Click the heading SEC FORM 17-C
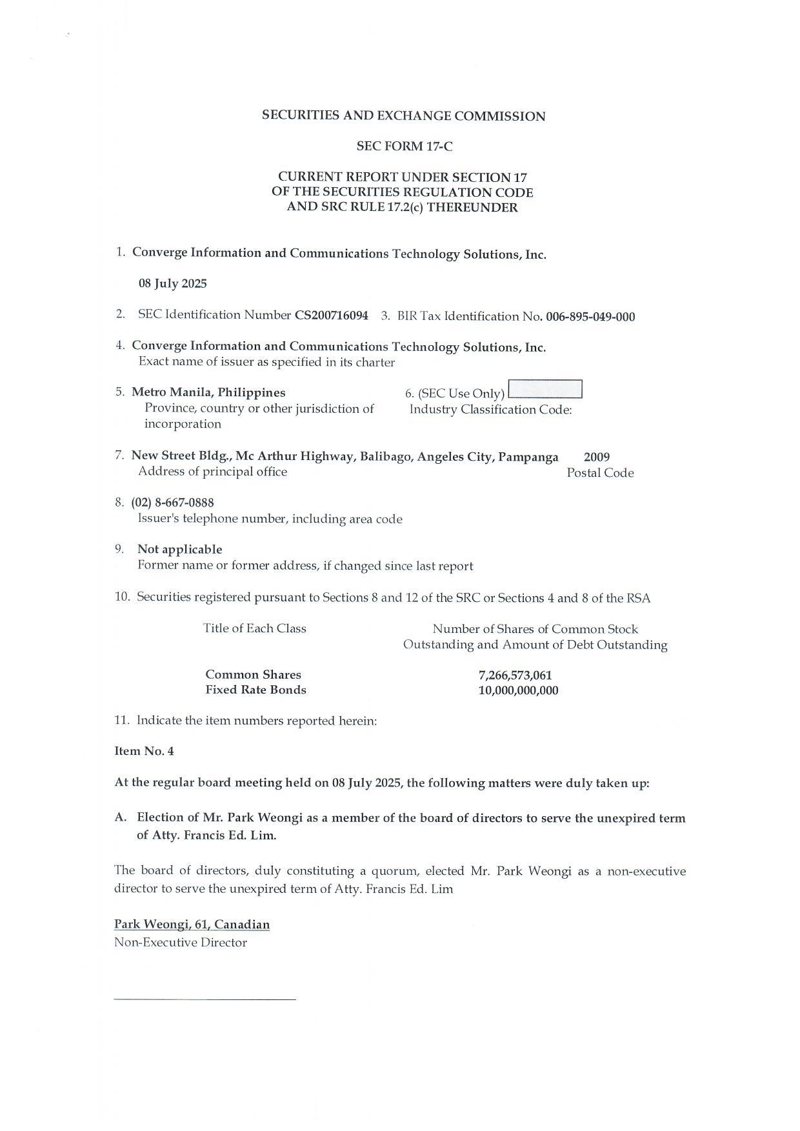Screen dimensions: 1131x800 click(x=405, y=146)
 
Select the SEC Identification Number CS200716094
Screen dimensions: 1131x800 click(x=332, y=315)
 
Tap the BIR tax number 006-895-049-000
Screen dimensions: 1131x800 click(x=590, y=317)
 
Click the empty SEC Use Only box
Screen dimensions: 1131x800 click(x=545, y=390)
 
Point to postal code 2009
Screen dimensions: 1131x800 click(x=597, y=457)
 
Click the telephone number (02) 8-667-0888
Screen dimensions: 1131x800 click(x=173, y=503)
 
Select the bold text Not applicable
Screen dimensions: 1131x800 click(x=179, y=550)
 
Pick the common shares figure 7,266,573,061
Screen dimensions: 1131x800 click(x=515, y=676)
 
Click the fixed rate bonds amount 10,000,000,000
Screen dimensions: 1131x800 click(x=518, y=691)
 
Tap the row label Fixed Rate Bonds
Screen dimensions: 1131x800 click(x=255, y=690)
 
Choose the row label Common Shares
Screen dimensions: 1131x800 click(x=253, y=675)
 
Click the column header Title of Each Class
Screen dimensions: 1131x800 click(x=254, y=628)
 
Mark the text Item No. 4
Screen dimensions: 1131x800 click(x=144, y=752)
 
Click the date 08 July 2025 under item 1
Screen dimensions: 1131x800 click(x=173, y=284)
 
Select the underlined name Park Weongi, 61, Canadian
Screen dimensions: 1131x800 click(x=192, y=925)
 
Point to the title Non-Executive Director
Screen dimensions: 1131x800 click(x=181, y=943)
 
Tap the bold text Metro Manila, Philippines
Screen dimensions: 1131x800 click(x=208, y=392)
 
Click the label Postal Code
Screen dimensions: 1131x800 click(x=600, y=473)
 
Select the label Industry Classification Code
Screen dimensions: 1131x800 click(x=490, y=410)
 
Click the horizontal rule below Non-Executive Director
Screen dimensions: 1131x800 click(x=205, y=999)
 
